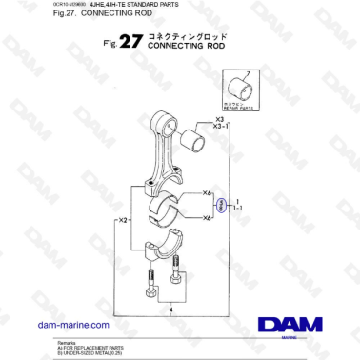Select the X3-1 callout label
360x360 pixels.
click(x=223, y=127)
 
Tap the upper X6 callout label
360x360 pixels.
click(x=208, y=193)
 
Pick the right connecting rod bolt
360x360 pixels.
click(x=177, y=278)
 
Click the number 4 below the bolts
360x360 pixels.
click(x=170, y=309)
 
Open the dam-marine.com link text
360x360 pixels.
click(x=71, y=325)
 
